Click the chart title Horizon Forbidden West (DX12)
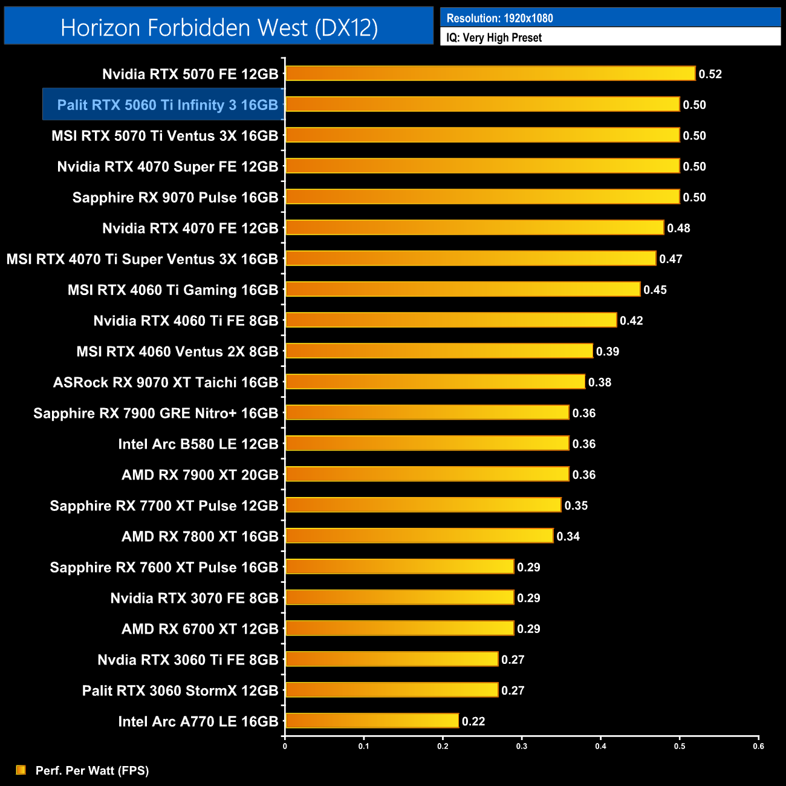pyautogui.click(x=219, y=28)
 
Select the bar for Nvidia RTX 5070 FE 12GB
pyautogui.click(x=490, y=74)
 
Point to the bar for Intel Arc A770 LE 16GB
pyautogui.click(x=372, y=721)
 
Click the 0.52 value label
pyautogui.click(x=710, y=74)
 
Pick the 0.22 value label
pyautogui.click(x=473, y=721)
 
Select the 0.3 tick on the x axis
pyautogui.click(x=522, y=746)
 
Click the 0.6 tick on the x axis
pyautogui.click(x=758, y=746)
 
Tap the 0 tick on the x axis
pyautogui.click(x=285, y=746)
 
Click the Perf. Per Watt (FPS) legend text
pyautogui.click(x=92, y=771)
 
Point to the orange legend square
pyautogui.click(x=21, y=770)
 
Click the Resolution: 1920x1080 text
pyautogui.click(x=499, y=18)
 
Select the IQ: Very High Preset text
pyautogui.click(x=494, y=37)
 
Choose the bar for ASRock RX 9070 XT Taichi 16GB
pyautogui.click(x=435, y=382)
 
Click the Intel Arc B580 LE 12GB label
pyautogui.click(x=198, y=444)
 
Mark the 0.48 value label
pyautogui.click(x=678, y=229)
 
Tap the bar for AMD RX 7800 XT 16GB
pyautogui.click(x=419, y=536)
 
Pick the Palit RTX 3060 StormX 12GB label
pyautogui.click(x=180, y=691)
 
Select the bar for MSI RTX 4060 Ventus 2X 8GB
pyautogui.click(x=439, y=351)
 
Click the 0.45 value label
pyautogui.click(x=655, y=290)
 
